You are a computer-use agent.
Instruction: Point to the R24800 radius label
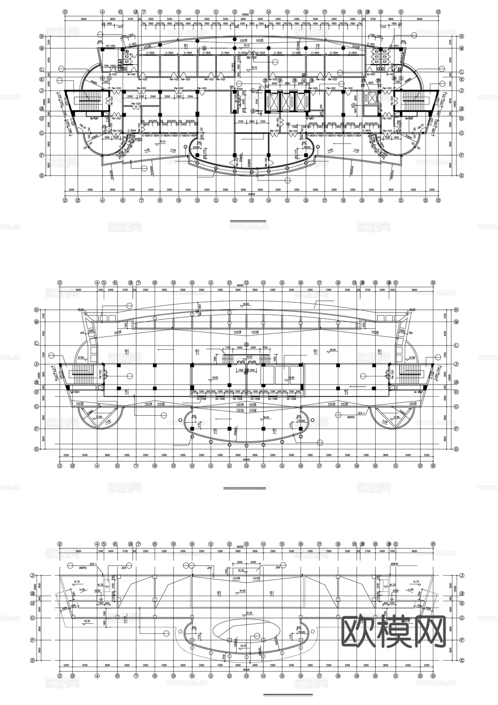tap(299, 48)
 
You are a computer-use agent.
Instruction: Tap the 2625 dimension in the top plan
tap(370, 83)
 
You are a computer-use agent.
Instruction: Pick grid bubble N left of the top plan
tap(41, 36)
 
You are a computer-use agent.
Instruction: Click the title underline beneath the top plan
tap(248, 222)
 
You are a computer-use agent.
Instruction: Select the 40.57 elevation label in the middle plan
tap(249, 357)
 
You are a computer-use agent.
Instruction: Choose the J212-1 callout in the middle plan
tap(361, 413)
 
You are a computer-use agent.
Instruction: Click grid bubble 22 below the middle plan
tap(420, 466)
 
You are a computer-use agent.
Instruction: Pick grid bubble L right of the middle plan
tap(456, 345)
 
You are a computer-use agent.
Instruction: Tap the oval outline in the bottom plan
tap(246, 630)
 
